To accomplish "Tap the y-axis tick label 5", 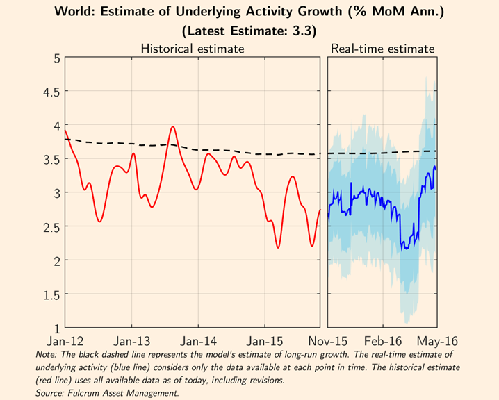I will (55, 58).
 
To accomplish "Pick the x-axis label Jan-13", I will (132, 342).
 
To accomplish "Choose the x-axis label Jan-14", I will (199, 342).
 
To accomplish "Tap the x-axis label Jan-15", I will (265, 342).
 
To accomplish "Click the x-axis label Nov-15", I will (328, 342).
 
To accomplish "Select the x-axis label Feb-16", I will (384, 342).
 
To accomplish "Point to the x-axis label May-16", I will (436, 342).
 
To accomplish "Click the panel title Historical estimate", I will (193, 49).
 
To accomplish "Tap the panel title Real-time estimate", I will (383, 49).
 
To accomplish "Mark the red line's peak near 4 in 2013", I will (172, 127).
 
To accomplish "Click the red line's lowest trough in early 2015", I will (278, 247).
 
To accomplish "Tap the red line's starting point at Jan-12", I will (65, 131).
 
